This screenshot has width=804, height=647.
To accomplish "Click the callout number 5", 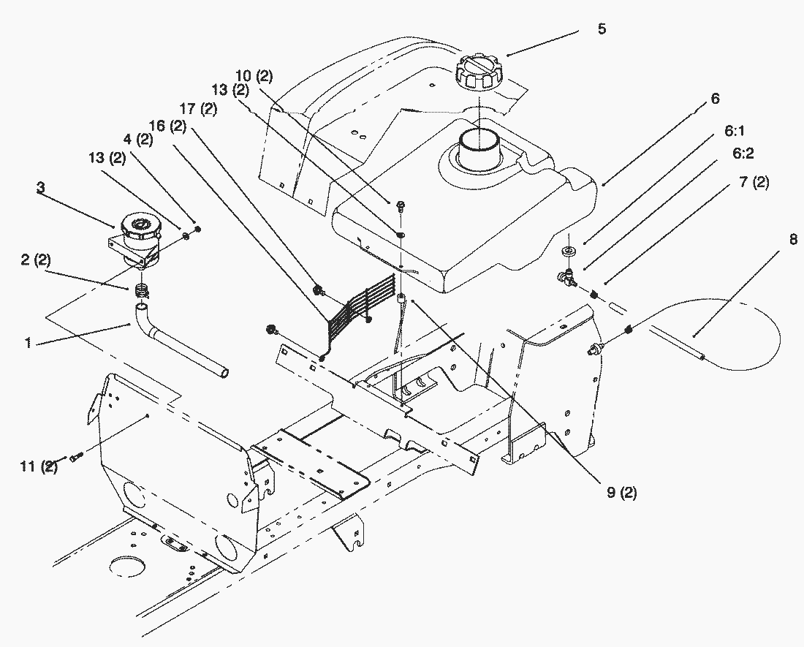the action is (602, 29).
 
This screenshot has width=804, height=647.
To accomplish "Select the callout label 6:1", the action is (735, 131).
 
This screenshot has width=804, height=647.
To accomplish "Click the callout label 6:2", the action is (743, 154).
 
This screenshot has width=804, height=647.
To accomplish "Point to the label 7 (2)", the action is (754, 182).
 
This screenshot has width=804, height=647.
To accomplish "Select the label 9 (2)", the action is (622, 493).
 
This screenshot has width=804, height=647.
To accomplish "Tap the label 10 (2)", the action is (254, 76).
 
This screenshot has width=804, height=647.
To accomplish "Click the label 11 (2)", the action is (39, 466).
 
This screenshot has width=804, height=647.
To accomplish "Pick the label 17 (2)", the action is (198, 109).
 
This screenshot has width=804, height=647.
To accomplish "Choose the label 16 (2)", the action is (167, 126).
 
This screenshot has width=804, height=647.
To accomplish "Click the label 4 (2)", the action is (138, 139).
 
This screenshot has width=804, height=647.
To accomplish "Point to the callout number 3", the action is (40, 188).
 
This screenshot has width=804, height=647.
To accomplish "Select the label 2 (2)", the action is (36, 260).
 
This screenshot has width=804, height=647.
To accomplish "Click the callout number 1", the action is (29, 342).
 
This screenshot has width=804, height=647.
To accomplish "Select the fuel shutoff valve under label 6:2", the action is (566, 276).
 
